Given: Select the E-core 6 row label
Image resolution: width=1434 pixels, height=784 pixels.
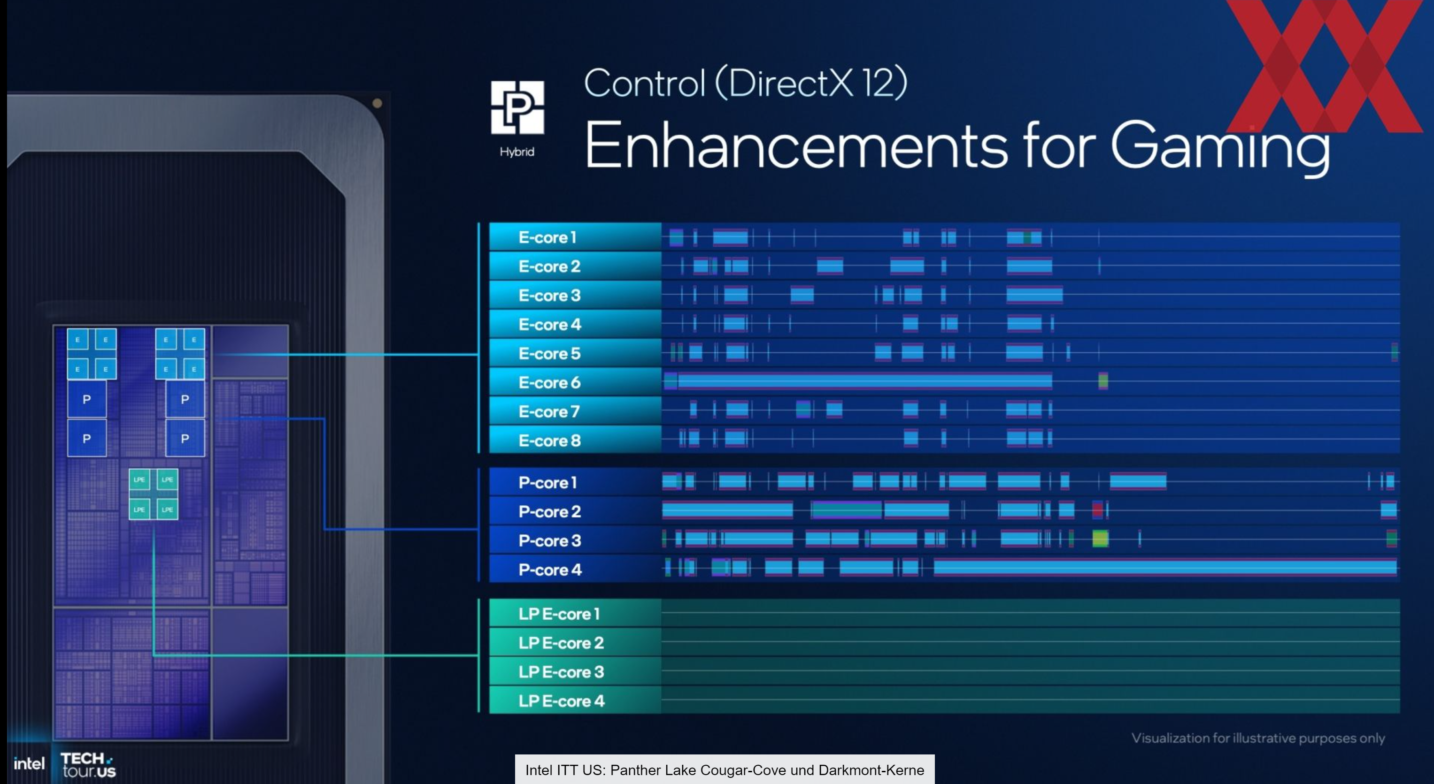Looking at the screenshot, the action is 549,382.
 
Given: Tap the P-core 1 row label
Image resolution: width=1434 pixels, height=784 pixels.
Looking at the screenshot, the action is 547,482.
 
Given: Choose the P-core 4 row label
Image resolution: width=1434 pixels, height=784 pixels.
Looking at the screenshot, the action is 550,570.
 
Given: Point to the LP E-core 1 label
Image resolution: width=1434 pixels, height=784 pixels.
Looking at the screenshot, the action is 559,614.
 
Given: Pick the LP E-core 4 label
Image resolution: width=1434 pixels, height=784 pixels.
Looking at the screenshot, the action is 561,701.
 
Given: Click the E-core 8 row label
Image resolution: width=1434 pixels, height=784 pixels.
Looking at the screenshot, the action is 549,441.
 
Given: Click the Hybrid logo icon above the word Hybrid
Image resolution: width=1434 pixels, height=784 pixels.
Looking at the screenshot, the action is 517,107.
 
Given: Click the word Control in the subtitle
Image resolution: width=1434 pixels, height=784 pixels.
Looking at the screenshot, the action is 645,83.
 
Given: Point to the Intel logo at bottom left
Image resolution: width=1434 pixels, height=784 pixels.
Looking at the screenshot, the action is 29,763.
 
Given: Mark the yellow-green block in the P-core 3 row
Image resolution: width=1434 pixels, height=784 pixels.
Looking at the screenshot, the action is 1100,539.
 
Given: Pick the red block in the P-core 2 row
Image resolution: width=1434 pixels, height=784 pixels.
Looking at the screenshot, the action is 1097,509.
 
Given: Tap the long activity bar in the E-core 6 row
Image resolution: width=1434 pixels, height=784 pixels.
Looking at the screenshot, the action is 864,381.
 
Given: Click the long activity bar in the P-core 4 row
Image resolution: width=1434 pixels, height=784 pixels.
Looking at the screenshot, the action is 1165,568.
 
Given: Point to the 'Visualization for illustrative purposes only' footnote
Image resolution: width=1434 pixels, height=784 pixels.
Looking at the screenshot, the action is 1258,738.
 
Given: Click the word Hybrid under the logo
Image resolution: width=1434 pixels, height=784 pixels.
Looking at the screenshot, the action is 517,152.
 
